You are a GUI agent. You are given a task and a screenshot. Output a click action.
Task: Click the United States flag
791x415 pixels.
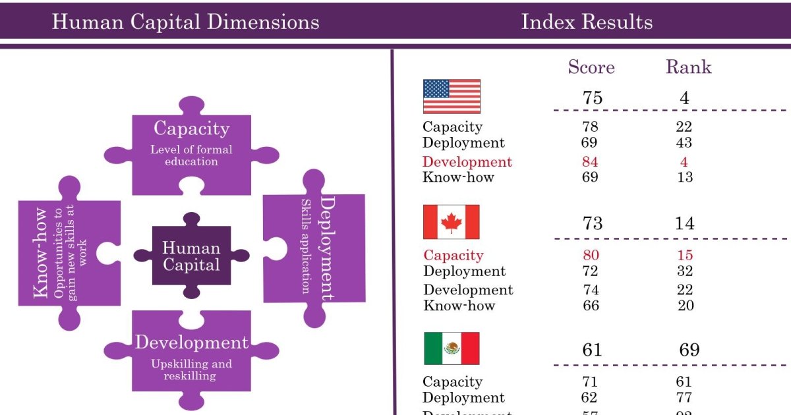click(x=452, y=96)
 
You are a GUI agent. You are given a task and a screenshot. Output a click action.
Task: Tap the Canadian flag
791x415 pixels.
click(x=452, y=222)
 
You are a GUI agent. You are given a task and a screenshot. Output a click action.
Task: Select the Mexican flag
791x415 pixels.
click(x=452, y=348)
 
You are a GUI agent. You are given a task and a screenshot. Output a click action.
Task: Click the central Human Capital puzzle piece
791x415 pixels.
click(x=191, y=256)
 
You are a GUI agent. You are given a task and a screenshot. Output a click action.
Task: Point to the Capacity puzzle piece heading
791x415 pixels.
click(x=191, y=128)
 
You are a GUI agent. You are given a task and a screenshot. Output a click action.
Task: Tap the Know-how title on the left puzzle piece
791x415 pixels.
click(x=40, y=253)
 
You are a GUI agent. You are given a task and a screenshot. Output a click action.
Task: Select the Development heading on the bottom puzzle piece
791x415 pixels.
click(x=191, y=343)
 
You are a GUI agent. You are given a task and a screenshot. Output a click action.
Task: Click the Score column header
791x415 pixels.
click(x=591, y=67)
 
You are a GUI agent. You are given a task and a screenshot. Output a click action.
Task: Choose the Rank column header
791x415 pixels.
click(x=688, y=67)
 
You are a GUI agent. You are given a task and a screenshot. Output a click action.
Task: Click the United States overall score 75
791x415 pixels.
click(x=592, y=97)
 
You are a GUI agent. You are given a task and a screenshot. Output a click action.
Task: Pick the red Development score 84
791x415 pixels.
click(x=590, y=162)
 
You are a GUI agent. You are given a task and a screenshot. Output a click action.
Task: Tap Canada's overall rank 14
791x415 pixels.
click(x=684, y=223)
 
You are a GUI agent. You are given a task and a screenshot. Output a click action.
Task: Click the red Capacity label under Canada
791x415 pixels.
click(x=453, y=256)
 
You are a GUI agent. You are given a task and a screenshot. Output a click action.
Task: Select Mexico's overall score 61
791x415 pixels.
click(x=592, y=349)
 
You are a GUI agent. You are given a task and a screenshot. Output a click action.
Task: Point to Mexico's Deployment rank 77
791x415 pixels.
click(x=684, y=398)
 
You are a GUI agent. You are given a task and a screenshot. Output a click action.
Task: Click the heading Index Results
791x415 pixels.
click(x=587, y=22)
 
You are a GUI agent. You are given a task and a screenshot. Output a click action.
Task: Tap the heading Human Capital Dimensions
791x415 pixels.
click(x=185, y=22)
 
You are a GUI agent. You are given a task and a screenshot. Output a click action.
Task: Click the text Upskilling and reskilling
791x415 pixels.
click(x=191, y=370)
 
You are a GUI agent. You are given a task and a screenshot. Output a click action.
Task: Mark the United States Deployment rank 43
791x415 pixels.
click(x=684, y=143)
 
